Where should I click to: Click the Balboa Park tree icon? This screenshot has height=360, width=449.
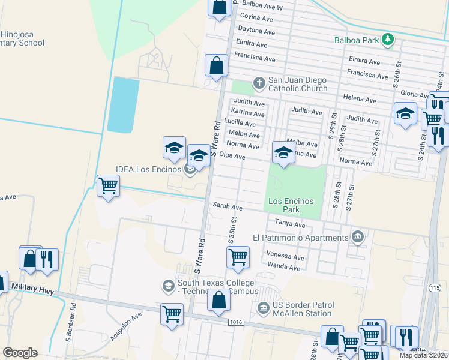pyautogui.click(x=388, y=40)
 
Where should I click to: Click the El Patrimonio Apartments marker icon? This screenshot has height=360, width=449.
pyautogui.click(x=358, y=237)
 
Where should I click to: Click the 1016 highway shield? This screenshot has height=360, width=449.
pyautogui.click(x=236, y=322)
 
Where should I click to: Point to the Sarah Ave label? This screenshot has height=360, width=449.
pyautogui.click(x=228, y=207)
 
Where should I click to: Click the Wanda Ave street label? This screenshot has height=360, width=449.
pyautogui.click(x=284, y=267)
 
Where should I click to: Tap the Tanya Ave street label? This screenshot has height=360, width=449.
pyautogui.click(x=291, y=223)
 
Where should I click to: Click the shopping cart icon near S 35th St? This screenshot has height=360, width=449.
pyautogui.click(x=238, y=257)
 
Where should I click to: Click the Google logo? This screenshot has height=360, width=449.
pyautogui.click(x=20, y=353)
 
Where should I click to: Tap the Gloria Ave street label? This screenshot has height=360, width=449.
pyautogui.click(x=414, y=94)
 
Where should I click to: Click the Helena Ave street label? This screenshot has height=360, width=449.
pyautogui.click(x=360, y=100)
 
